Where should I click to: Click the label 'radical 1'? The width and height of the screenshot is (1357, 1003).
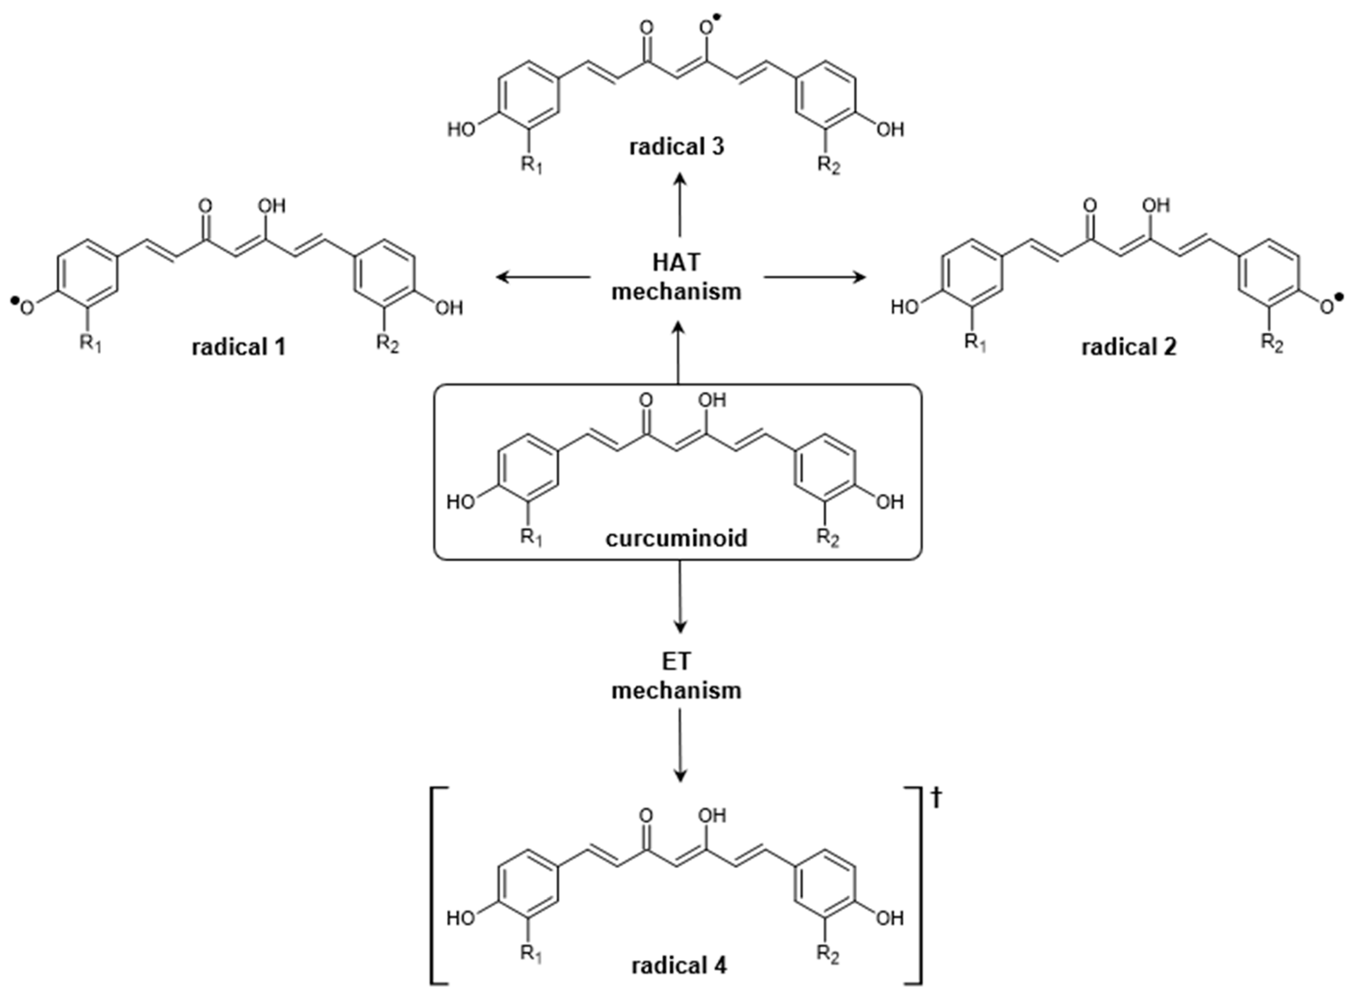point(238,347)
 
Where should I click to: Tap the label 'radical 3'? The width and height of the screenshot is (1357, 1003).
point(676,147)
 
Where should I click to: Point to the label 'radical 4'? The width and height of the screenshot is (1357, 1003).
point(678,965)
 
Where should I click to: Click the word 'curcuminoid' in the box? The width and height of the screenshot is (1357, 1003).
point(676,538)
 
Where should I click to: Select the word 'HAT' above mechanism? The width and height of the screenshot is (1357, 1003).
point(676,262)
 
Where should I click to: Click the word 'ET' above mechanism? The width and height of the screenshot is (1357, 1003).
point(676,662)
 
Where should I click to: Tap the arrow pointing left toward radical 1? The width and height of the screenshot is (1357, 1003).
point(543,277)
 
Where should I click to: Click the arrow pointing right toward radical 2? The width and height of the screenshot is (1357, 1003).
point(814,277)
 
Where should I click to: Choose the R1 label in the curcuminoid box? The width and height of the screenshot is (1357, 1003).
point(531,538)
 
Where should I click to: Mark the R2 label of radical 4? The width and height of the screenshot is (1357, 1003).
point(827,954)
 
